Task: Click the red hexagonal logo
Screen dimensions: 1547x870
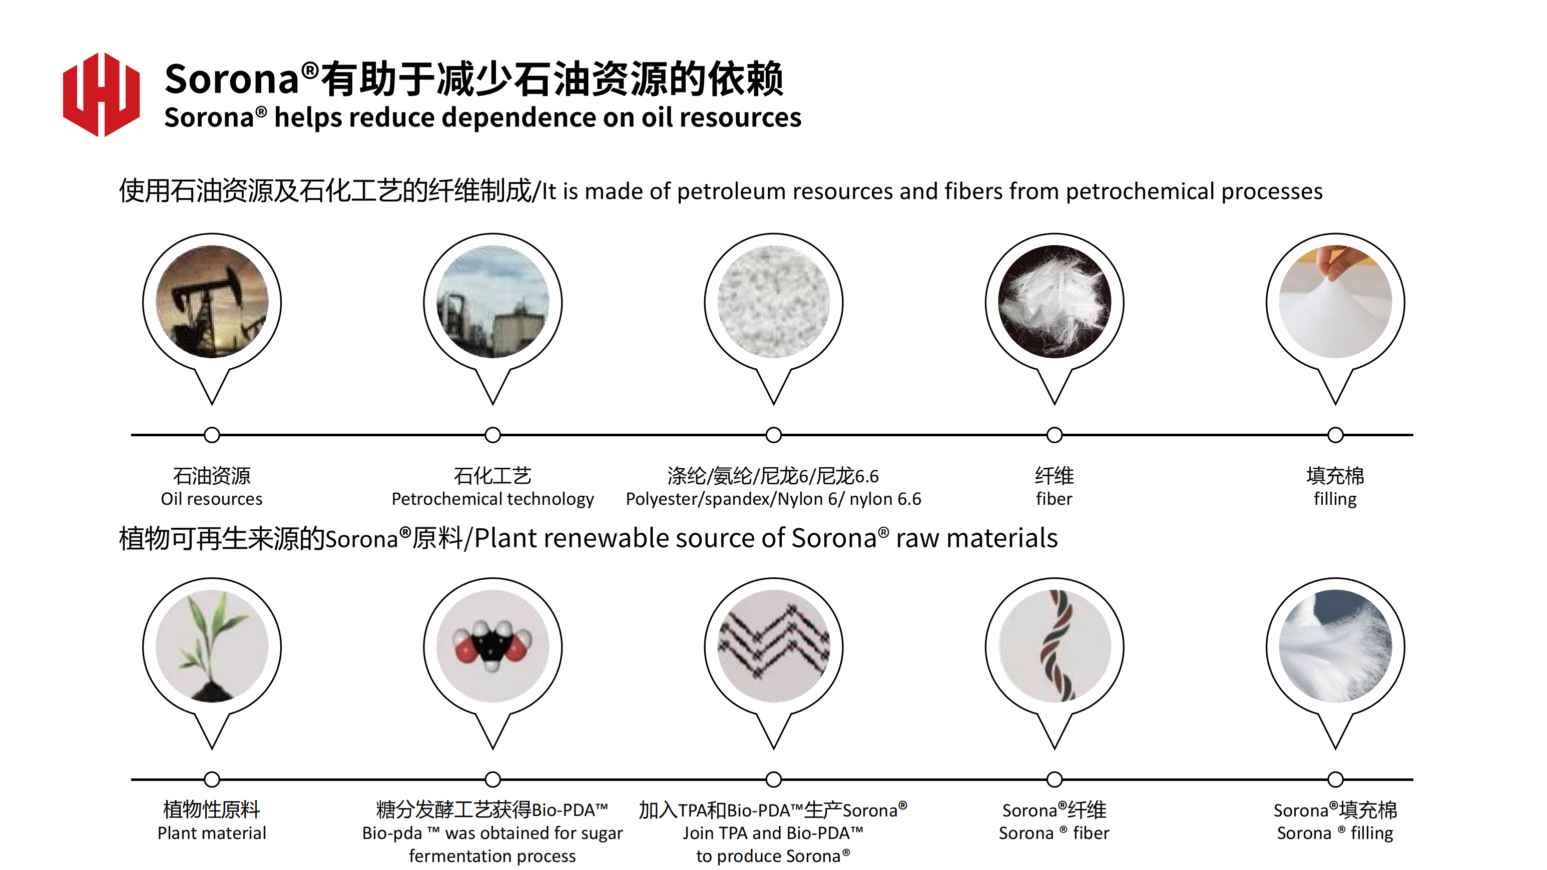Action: [101, 94]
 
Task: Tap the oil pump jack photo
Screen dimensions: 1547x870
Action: [212, 301]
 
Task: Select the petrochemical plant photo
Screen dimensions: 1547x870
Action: [492, 301]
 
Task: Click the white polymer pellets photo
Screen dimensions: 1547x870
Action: [774, 301]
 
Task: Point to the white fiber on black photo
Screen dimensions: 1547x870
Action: [1055, 301]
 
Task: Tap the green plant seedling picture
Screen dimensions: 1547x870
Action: [212, 646]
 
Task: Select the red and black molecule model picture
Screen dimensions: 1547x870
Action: [492, 646]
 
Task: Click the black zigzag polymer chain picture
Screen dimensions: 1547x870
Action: [774, 646]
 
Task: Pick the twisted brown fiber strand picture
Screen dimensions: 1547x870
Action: [1055, 646]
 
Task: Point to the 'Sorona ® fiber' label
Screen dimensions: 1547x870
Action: [1054, 833]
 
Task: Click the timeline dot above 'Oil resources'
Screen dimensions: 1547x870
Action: [212, 435]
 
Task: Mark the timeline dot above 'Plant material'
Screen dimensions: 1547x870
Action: [212, 779]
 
